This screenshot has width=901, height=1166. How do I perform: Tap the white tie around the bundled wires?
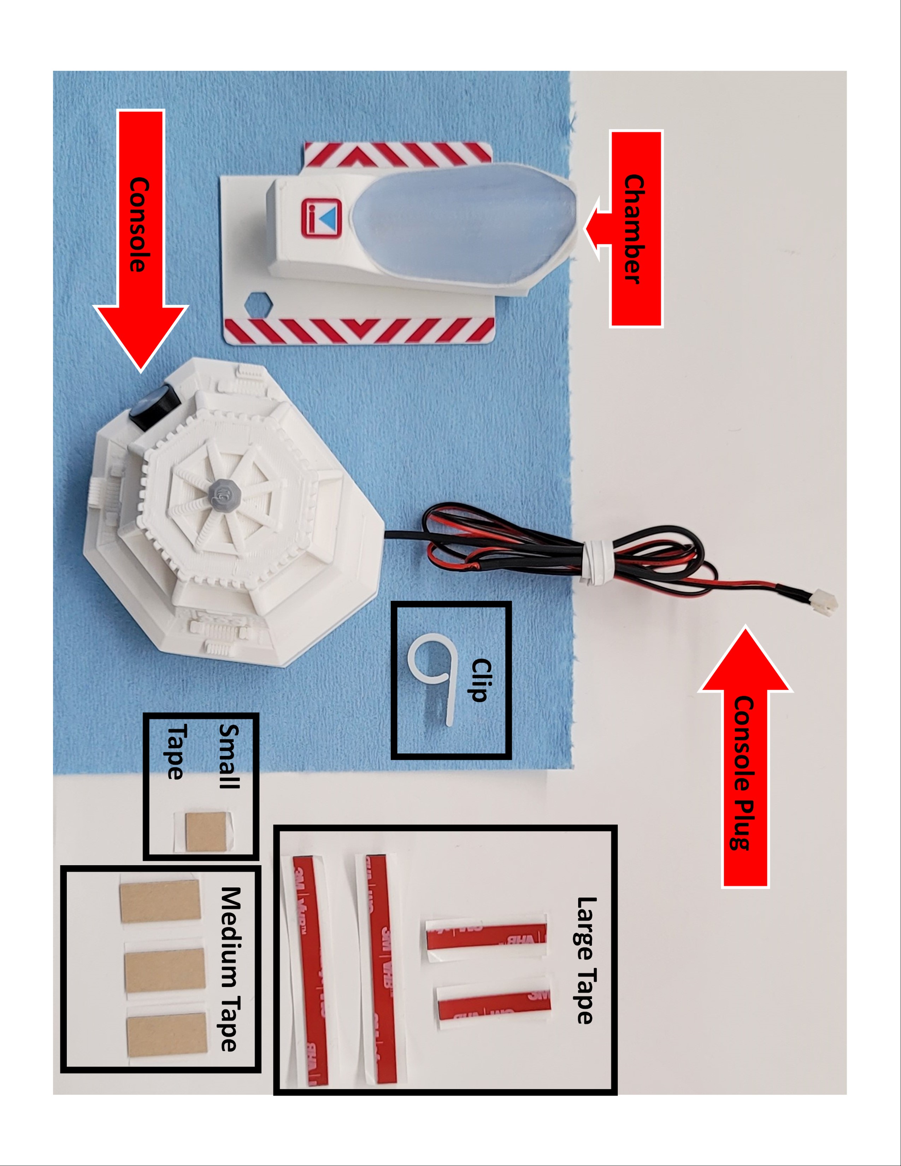tap(594, 563)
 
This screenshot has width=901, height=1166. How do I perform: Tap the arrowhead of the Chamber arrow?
tap(598, 229)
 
